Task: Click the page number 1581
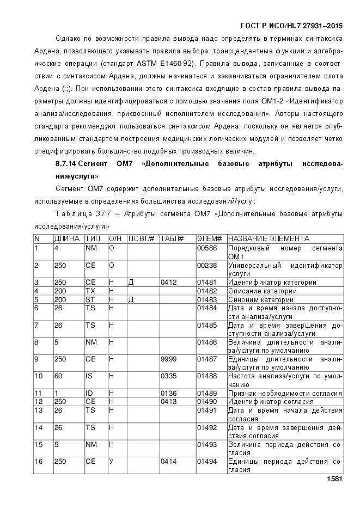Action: [x=334, y=479]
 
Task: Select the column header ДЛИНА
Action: [x=66, y=238]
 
